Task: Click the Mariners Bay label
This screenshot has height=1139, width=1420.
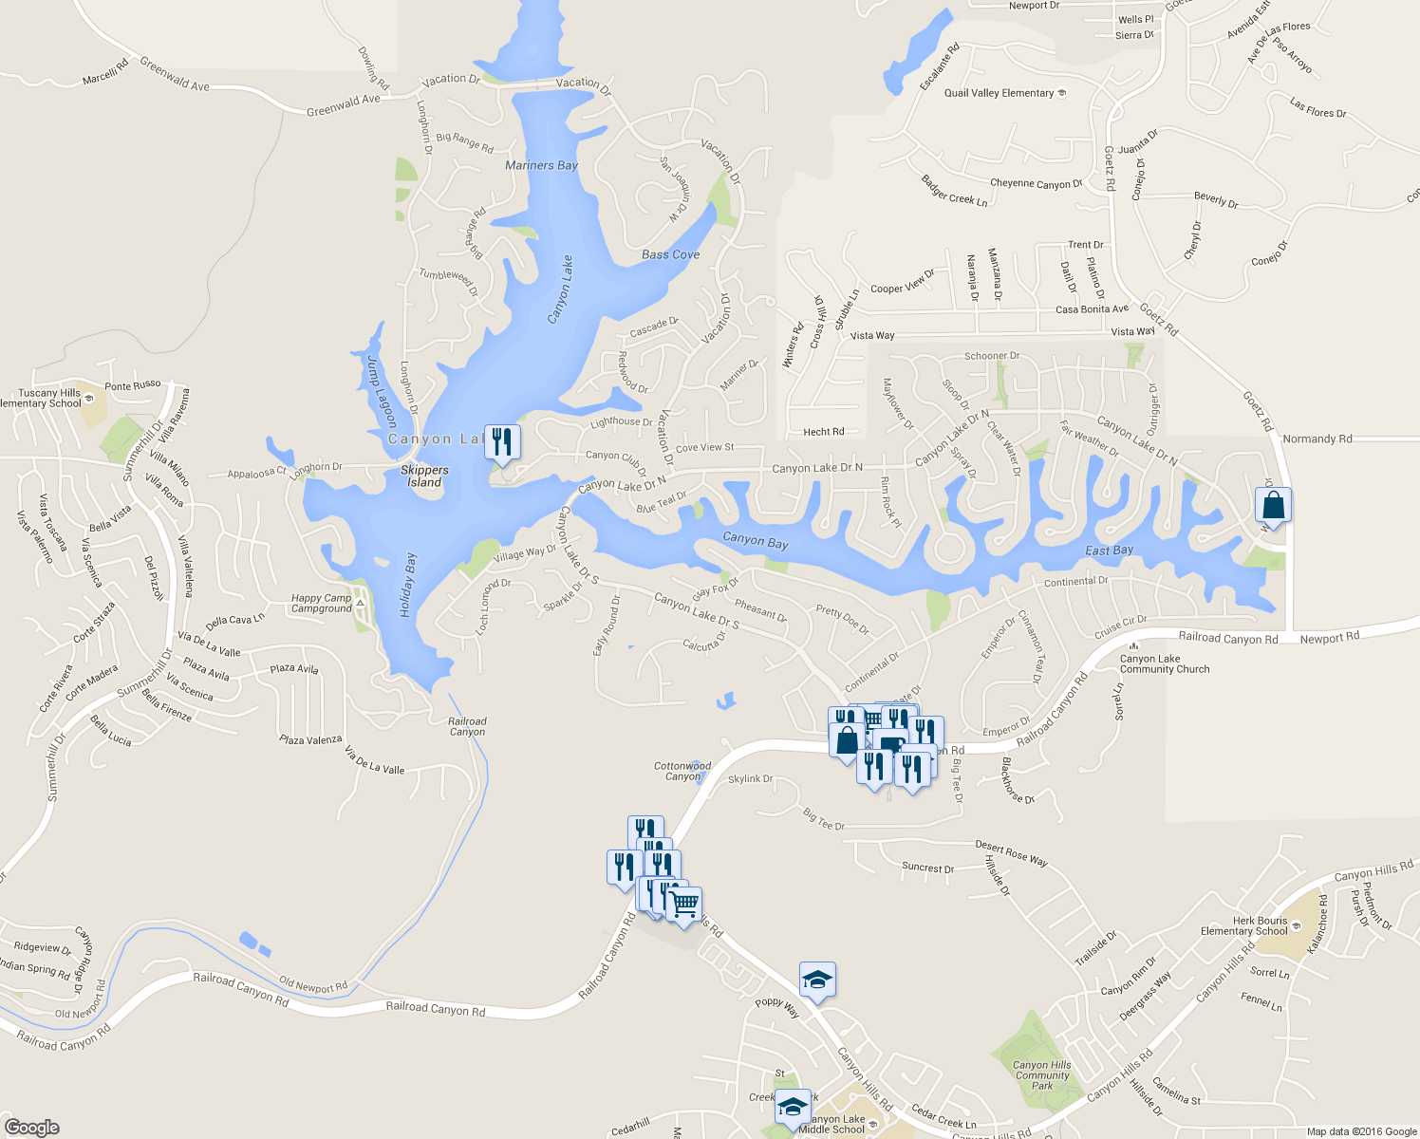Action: pos(541,165)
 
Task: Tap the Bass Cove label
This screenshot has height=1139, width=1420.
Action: pos(670,254)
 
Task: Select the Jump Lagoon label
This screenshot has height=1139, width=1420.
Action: pos(381,390)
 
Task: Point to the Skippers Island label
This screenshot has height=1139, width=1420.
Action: pos(424,476)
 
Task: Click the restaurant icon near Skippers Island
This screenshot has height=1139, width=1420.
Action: pos(502,442)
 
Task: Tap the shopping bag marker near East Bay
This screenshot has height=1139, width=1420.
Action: pos(1273,504)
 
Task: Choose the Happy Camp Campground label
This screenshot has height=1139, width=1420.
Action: pos(322,603)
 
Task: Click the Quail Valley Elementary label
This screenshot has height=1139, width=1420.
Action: pos(1000,93)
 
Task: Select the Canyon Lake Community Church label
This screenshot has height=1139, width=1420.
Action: pos(1165,663)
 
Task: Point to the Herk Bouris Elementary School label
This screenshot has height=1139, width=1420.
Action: pos(1244,925)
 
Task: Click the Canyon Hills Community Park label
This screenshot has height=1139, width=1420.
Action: pos(1042,1075)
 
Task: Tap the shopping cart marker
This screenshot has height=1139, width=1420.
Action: pos(683,903)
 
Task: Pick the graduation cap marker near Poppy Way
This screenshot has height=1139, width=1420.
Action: pos(816,980)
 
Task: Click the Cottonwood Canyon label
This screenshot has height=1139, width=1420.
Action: pos(682,771)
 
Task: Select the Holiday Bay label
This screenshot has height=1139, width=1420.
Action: pos(408,585)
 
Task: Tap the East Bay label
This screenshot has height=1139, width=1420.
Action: pos(1109,551)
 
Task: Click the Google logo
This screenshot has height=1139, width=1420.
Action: pos(31,1127)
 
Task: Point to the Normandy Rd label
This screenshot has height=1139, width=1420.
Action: pos(1317,439)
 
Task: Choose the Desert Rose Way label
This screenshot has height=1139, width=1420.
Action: pos(1011,852)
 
